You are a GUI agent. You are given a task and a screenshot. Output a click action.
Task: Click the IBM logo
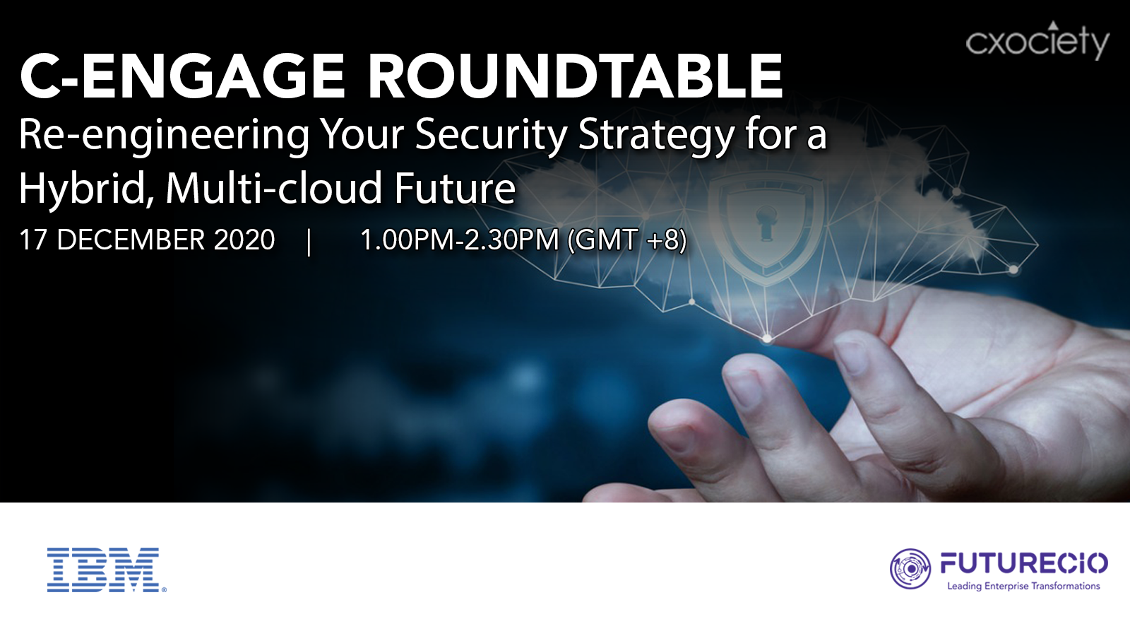point(107,570)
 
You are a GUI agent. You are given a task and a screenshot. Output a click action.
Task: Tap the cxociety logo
point(1037,40)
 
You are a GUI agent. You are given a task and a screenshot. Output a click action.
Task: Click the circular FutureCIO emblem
point(910,569)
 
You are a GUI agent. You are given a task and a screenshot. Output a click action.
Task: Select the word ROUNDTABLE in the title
point(575,76)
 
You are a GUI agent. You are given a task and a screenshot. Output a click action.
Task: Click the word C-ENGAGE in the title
point(182,76)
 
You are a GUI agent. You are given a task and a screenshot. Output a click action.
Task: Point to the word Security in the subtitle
point(492,135)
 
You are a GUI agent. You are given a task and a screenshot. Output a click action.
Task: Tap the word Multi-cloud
point(275,188)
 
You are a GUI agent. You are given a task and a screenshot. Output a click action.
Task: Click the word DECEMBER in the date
point(131,240)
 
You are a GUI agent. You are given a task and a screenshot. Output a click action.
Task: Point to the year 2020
point(244,240)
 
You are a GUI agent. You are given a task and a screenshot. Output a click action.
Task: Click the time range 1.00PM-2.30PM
point(460,240)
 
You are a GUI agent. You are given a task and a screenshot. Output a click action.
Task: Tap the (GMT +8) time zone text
point(628,240)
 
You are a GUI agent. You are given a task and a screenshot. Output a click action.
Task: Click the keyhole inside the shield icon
point(766,222)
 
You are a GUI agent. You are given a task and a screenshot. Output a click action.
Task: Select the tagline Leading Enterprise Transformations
point(1023,586)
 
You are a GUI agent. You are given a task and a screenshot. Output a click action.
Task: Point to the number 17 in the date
point(33,240)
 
